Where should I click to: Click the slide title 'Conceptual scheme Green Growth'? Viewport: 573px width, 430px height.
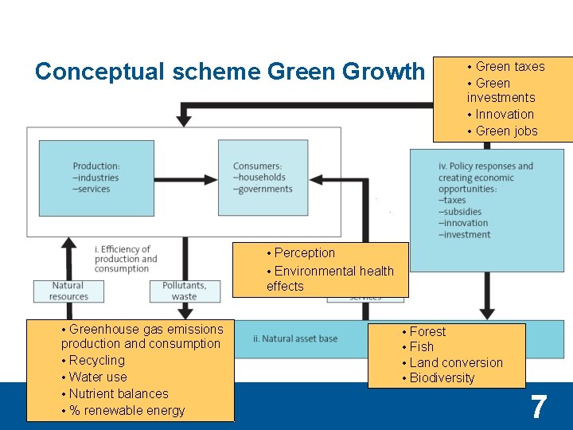click(x=229, y=72)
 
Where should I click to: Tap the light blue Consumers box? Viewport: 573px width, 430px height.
click(x=263, y=177)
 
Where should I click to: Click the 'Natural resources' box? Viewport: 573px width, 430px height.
click(x=68, y=291)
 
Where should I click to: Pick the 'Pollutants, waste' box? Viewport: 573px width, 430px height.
click(x=184, y=291)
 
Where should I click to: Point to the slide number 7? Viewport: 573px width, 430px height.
click(x=539, y=407)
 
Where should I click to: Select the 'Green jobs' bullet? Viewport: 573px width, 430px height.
click(x=506, y=131)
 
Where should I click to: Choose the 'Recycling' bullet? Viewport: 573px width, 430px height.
click(x=96, y=360)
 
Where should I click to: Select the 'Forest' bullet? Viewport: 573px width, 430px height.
click(x=427, y=331)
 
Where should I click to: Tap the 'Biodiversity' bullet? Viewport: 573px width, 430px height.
click(x=442, y=377)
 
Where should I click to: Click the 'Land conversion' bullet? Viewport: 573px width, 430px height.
click(x=456, y=362)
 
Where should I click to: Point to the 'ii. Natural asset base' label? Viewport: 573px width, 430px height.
click(x=295, y=338)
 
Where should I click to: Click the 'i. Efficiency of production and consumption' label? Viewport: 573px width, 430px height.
click(x=126, y=259)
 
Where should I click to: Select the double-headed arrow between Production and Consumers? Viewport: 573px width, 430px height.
click(x=186, y=177)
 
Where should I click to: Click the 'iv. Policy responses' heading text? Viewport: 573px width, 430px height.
click(x=485, y=172)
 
